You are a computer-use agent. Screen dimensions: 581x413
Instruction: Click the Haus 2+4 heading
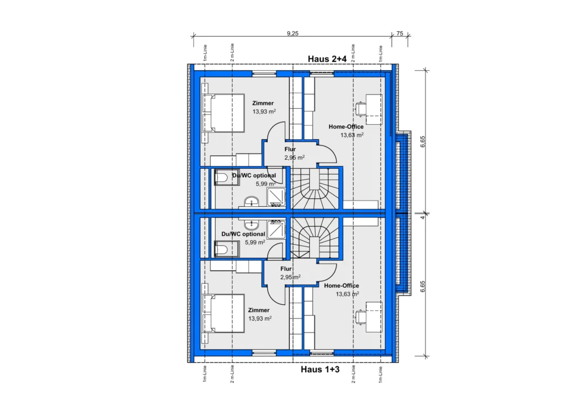(x=327, y=59)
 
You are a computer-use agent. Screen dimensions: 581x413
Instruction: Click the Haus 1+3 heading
(x=320, y=369)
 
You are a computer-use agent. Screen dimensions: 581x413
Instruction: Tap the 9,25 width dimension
(x=292, y=33)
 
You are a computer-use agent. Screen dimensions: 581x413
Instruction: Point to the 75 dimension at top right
(x=400, y=33)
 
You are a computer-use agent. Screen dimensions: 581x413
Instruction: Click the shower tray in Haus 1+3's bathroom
(x=276, y=229)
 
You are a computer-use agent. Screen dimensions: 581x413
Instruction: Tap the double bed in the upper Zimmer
(x=224, y=113)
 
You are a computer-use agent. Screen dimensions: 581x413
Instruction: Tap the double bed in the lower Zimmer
(x=224, y=313)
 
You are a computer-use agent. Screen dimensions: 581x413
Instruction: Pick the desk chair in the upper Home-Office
(x=361, y=109)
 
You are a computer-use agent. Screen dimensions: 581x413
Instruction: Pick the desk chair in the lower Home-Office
(x=361, y=317)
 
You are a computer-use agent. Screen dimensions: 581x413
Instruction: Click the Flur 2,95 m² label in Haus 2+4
(x=294, y=154)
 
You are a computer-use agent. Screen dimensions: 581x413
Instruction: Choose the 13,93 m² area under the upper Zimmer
(x=264, y=112)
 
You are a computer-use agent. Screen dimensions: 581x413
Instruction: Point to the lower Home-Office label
(x=341, y=286)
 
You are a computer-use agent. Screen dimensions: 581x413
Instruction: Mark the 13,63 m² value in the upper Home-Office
(x=352, y=135)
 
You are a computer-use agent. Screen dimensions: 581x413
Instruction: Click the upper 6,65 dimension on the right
(x=423, y=142)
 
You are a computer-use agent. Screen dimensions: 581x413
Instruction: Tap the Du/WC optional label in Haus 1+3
(x=243, y=234)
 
